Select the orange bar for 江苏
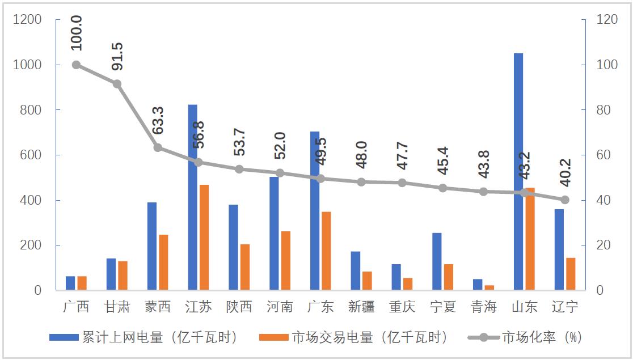pyautogui.click(x=204, y=238)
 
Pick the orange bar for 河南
pyautogui.click(x=285, y=261)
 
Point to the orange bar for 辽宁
pyautogui.click(x=571, y=274)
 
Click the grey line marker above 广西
pyautogui.click(x=76, y=65)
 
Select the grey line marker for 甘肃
pyautogui.click(x=117, y=84)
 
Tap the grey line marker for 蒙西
pyautogui.click(x=158, y=147)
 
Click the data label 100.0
pyautogui.click(x=77, y=32)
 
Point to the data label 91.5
pyautogui.click(x=117, y=56)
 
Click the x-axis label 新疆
pyautogui.click(x=361, y=307)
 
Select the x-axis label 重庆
pyautogui.click(x=402, y=307)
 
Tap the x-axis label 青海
pyautogui.click(x=483, y=307)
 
